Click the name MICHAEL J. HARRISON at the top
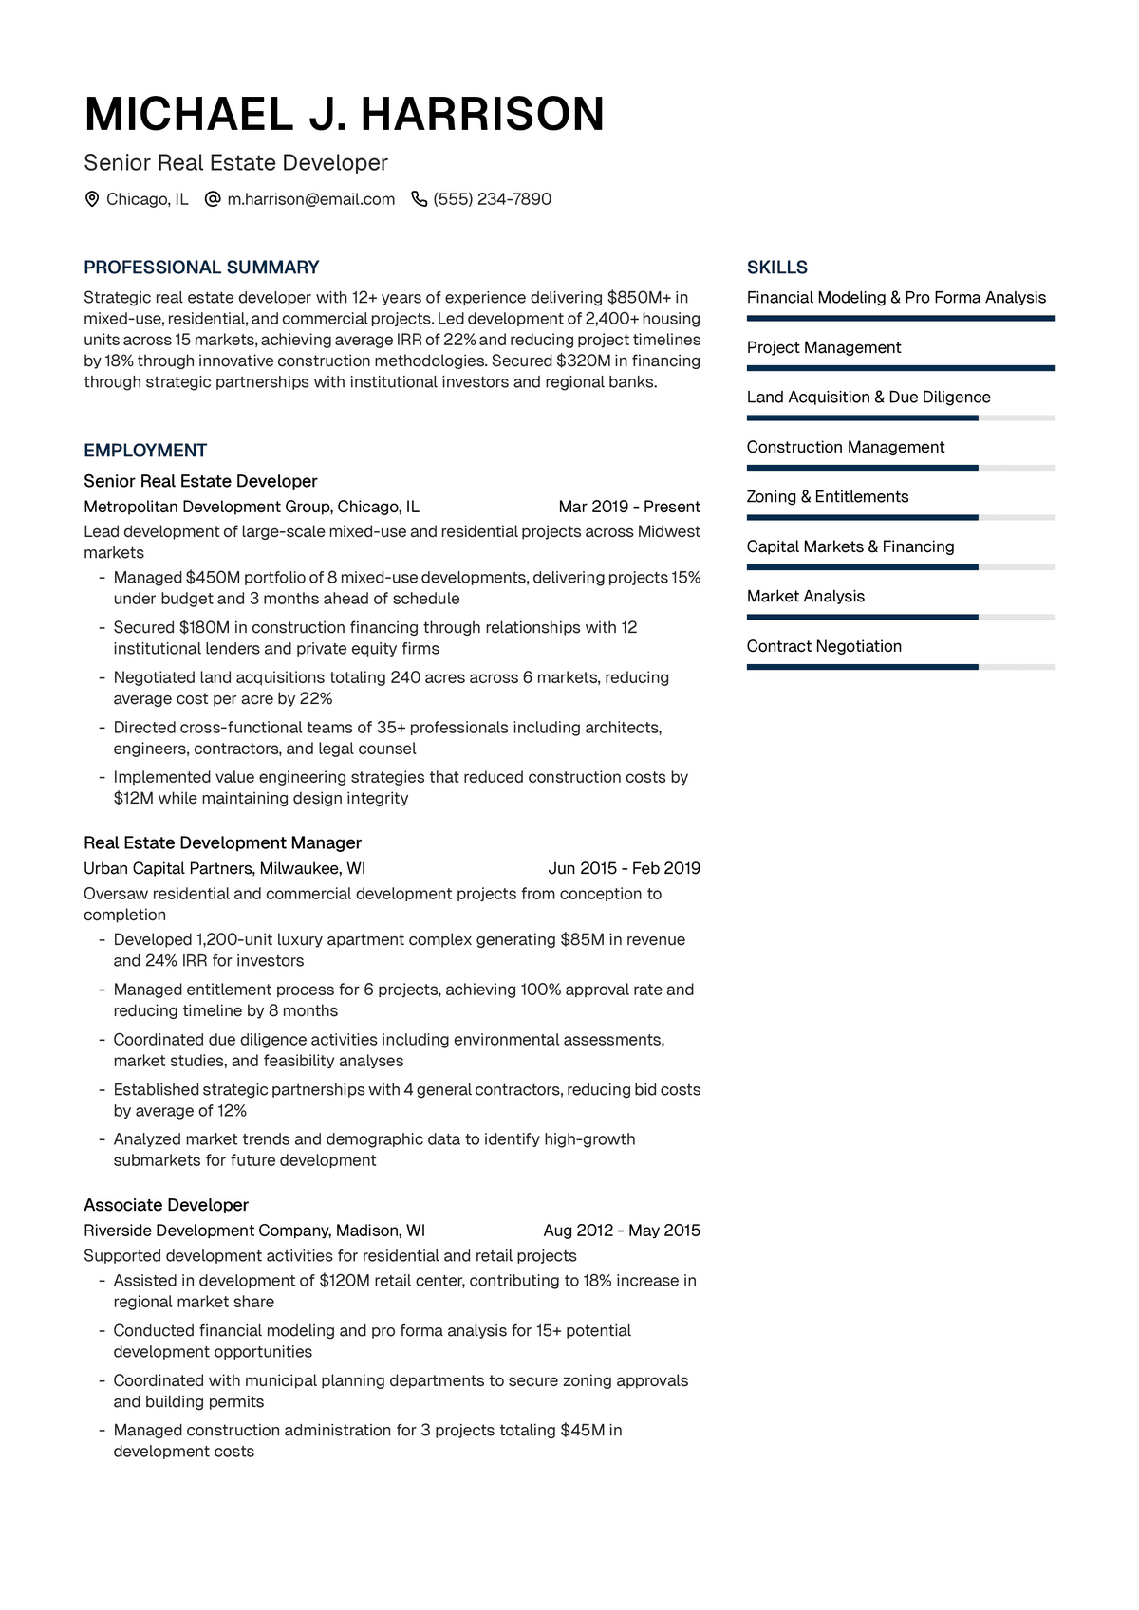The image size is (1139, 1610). click(x=344, y=114)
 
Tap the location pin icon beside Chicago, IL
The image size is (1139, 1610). click(x=92, y=199)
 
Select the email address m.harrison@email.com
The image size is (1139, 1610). click(x=310, y=199)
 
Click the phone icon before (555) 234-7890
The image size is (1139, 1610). click(x=419, y=199)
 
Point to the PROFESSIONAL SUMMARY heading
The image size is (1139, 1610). click(x=201, y=268)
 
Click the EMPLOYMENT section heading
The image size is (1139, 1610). click(x=145, y=451)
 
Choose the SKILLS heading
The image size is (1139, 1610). click(x=776, y=268)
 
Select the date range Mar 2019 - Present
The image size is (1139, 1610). click(x=629, y=507)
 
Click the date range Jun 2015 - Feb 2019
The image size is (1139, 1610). click(x=624, y=868)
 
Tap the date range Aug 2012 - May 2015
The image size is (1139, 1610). click(x=622, y=1231)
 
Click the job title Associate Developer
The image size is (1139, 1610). click(x=166, y=1205)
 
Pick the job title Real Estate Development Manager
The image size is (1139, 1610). click(x=222, y=842)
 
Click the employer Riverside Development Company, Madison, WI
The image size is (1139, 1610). click(x=254, y=1231)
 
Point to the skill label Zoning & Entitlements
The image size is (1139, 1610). click(x=828, y=496)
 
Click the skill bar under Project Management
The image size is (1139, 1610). click(x=901, y=368)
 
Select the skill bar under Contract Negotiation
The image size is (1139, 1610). click(x=901, y=667)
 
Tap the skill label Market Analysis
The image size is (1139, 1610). click(x=806, y=596)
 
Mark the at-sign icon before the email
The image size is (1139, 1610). click(x=213, y=199)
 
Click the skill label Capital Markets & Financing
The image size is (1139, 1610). click(x=850, y=546)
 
